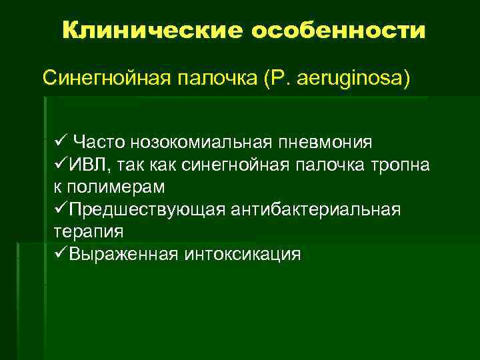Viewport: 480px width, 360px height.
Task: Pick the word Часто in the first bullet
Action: click(99, 142)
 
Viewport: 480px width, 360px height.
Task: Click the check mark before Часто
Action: click(58, 141)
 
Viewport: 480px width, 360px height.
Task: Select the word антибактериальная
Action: click(315, 209)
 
